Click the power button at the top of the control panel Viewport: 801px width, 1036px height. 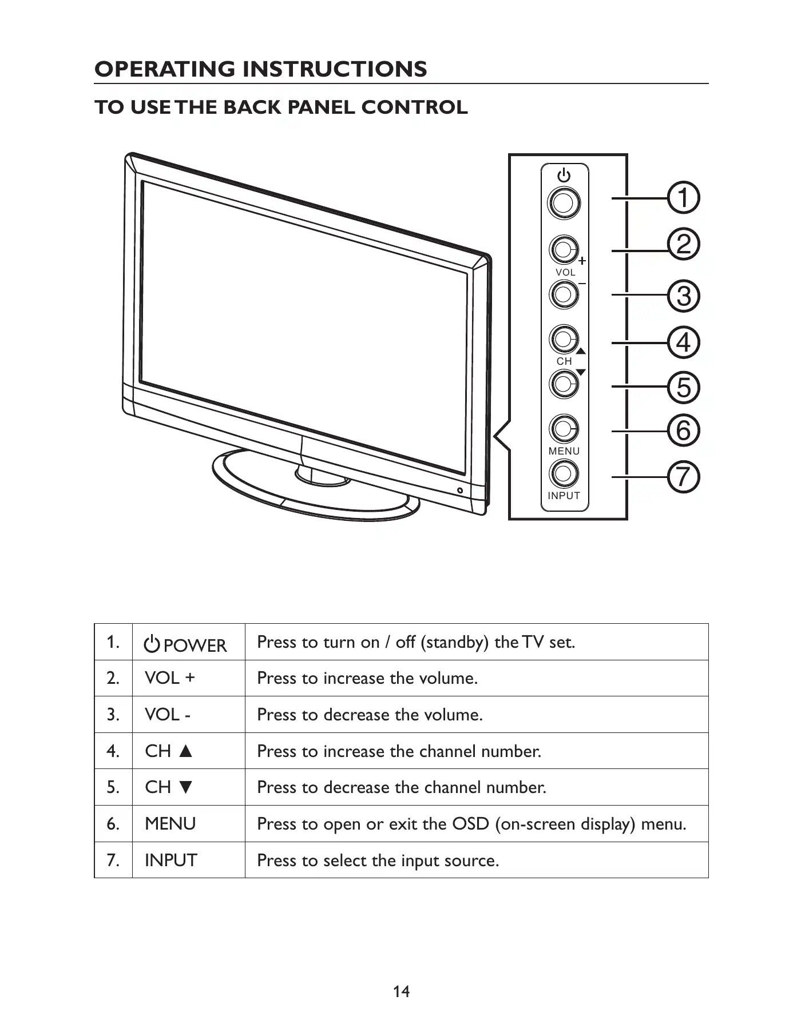(x=564, y=202)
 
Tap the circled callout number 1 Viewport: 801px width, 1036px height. (x=684, y=198)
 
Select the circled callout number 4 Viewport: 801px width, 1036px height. (x=684, y=342)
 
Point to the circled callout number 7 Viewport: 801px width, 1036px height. (x=684, y=476)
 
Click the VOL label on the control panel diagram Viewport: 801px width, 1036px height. (x=565, y=273)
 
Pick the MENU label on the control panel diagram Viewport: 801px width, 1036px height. (x=564, y=451)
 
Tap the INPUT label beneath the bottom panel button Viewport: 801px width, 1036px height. (x=564, y=496)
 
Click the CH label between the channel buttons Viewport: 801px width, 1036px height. (x=564, y=361)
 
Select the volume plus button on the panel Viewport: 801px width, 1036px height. (x=564, y=249)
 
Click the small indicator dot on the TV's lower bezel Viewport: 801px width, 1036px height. (x=460, y=491)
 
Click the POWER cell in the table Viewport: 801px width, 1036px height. (x=187, y=645)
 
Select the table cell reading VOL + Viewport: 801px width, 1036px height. (x=170, y=678)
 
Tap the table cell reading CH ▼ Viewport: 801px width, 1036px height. (x=169, y=787)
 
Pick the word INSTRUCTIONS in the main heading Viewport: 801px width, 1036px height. (x=335, y=69)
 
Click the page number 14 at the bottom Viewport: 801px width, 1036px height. (x=401, y=991)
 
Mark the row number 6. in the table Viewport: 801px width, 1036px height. (x=113, y=824)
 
